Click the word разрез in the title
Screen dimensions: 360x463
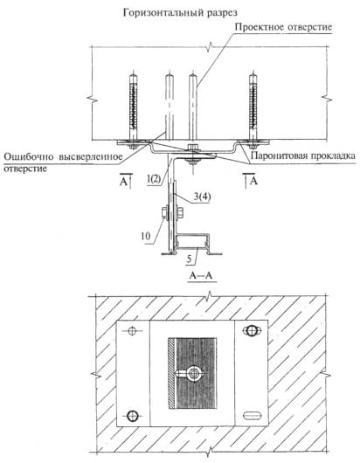click(223, 14)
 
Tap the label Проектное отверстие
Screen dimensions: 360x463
click(283, 27)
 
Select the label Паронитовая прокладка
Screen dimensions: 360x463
click(303, 155)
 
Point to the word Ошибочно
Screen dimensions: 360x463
click(29, 156)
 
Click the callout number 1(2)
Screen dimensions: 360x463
click(155, 179)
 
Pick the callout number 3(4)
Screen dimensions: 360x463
click(203, 197)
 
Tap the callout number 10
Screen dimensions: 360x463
click(146, 236)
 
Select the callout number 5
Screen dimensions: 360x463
click(189, 259)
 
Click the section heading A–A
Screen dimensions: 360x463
click(201, 275)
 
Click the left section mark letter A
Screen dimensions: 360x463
click(123, 182)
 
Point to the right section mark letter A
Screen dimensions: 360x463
click(253, 181)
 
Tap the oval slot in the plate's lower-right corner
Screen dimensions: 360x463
click(253, 415)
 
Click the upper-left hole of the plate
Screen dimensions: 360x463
click(133, 331)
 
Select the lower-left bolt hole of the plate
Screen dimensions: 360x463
click(132, 416)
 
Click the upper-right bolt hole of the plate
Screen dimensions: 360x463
click(252, 330)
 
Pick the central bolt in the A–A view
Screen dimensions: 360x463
click(193, 373)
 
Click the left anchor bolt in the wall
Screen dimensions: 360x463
click(133, 109)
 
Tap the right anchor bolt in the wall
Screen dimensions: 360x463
click(253, 109)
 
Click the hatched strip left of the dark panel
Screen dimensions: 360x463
click(171, 374)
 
